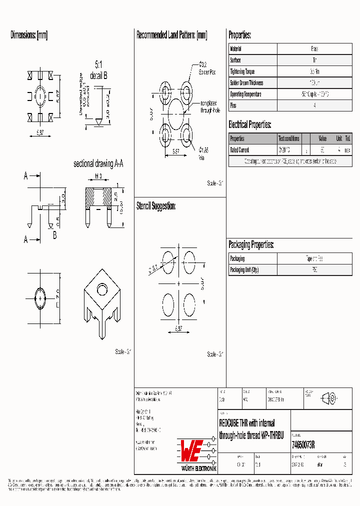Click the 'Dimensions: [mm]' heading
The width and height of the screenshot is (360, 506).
pyautogui.click(x=29, y=35)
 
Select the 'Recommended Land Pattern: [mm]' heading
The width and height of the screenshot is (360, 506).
pyautogui.click(x=171, y=35)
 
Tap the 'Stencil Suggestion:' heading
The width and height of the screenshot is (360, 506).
pyautogui.click(x=156, y=205)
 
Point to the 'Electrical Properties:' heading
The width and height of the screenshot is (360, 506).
pyautogui.click(x=249, y=124)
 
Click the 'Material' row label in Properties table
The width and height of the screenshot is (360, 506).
pyautogui.click(x=235, y=49)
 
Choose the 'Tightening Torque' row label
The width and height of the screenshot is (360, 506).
pyautogui.click(x=242, y=71)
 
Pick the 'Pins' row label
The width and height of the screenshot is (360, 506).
pyautogui.click(x=233, y=105)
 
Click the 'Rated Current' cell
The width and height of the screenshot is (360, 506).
pyautogui.click(x=239, y=150)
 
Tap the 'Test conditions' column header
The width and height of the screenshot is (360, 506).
pyautogui.click(x=288, y=138)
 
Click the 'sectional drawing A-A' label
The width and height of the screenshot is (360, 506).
pyautogui.click(x=98, y=164)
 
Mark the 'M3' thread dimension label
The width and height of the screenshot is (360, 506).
pyautogui.click(x=98, y=176)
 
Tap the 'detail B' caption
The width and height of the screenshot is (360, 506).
pyautogui.click(x=98, y=75)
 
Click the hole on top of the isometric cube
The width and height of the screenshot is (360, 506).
pyautogui.click(x=102, y=290)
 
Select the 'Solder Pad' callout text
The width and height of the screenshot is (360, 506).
pyautogui.click(x=207, y=72)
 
